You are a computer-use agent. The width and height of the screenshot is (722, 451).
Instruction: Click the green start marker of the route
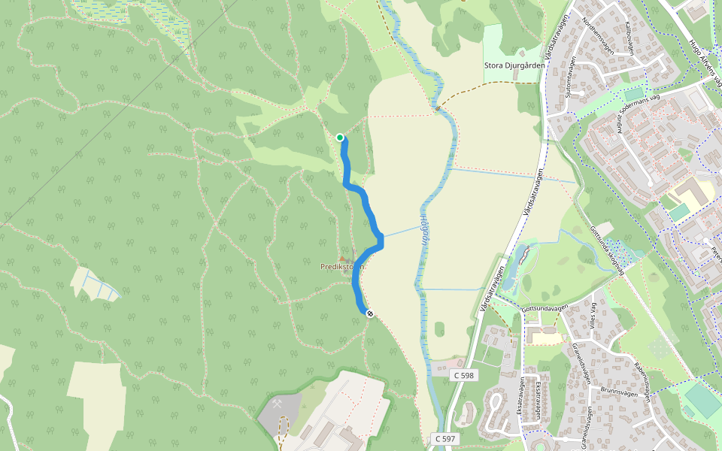340,138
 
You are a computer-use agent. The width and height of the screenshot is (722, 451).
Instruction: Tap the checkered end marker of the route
369,313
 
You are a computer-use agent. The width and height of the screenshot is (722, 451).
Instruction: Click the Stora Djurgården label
515,65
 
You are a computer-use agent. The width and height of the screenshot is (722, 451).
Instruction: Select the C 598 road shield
464,374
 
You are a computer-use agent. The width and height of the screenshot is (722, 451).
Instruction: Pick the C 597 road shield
445,438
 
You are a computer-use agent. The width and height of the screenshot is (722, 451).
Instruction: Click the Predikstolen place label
343,267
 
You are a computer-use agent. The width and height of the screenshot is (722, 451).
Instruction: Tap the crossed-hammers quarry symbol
278,404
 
